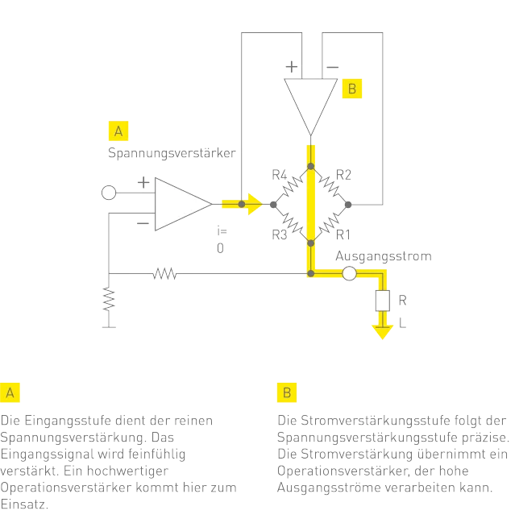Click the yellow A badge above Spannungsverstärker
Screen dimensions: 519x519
(x=118, y=131)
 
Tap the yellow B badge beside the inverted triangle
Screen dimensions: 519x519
(x=351, y=88)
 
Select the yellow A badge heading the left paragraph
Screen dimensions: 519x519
(x=10, y=392)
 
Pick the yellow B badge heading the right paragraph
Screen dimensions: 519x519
(x=287, y=392)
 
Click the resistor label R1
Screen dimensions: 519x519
(x=344, y=234)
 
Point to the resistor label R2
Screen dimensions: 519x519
(x=344, y=174)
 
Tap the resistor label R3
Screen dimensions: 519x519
(x=279, y=234)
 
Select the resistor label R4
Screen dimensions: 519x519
(x=279, y=174)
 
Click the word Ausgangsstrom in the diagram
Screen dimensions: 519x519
(x=383, y=256)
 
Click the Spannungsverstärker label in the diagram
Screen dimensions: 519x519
(x=170, y=152)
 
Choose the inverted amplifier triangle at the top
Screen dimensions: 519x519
(x=309, y=104)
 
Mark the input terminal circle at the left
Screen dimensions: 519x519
(x=107, y=193)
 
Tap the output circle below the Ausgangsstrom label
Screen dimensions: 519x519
(x=349, y=274)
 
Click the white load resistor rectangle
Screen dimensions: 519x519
(x=382, y=301)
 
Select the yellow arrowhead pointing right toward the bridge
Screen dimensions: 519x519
(x=253, y=204)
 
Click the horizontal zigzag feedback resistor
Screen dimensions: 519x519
(x=164, y=274)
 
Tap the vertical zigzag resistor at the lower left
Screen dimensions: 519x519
(x=107, y=299)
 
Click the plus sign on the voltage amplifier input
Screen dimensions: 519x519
(x=143, y=184)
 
